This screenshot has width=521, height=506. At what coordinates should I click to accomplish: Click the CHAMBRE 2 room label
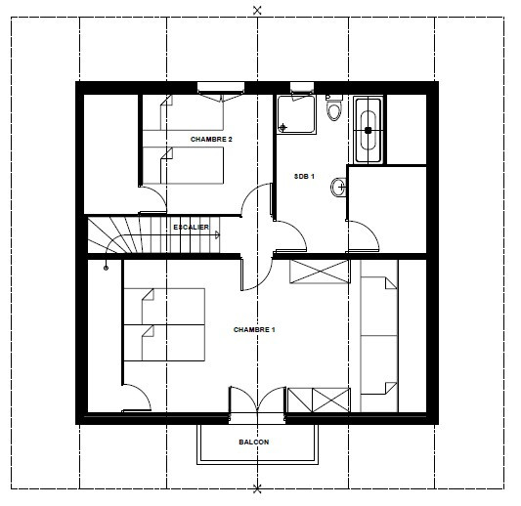(211, 140)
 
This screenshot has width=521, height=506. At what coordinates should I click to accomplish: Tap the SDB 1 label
(304, 176)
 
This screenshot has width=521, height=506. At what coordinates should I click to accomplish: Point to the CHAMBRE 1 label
(254, 329)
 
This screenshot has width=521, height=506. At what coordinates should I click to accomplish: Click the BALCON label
(253, 442)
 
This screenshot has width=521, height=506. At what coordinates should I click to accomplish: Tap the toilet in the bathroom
(334, 109)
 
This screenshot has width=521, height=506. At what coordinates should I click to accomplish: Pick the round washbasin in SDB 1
(338, 186)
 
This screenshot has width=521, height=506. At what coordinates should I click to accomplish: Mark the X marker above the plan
(257, 10)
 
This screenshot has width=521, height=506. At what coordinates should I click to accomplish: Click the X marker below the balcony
(257, 487)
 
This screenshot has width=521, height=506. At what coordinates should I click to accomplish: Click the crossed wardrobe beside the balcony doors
(319, 399)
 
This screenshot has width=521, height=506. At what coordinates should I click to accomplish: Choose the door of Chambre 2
(152, 201)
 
